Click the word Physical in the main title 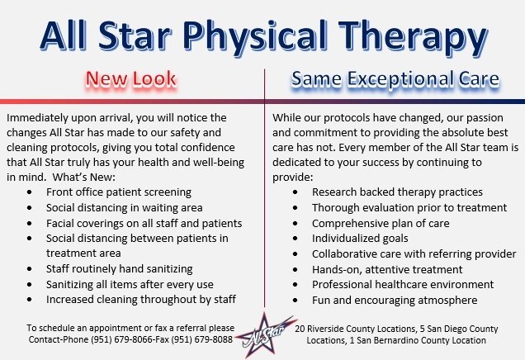pyautogui.click(x=256, y=36)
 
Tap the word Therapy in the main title pyautogui.click(x=414, y=36)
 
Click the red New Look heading pyautogui.click(x=131, y=79)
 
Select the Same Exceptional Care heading pyautogui.click(x=395, y=79)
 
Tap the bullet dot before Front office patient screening pyautogui.click(x=30, y=192)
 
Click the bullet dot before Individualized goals pyautogui.click(x=295, y=239)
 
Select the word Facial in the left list pyautogui.click(x=60, y=223)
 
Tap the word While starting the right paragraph pyautogui.click(x=286, y=117)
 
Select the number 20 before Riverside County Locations pyautogui.click(x=300, y=329)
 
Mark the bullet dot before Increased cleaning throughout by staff pyautogui.click(x=30, y=300)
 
